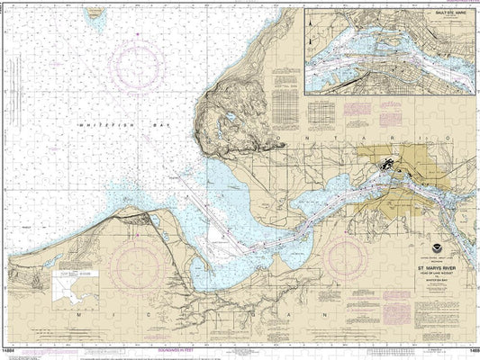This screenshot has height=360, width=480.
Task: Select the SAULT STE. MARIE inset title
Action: click(448, 16)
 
